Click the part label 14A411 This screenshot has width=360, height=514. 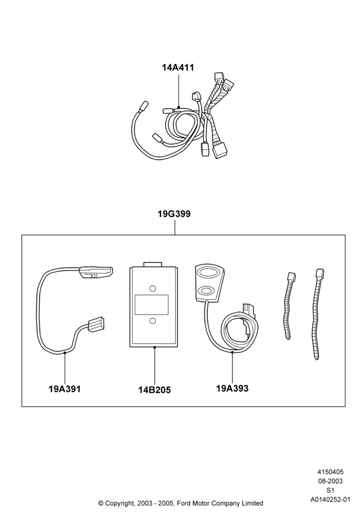point(178,67)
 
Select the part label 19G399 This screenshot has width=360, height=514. point(174,214)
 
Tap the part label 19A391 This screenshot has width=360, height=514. point(65,389)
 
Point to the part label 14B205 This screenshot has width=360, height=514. point(154,390)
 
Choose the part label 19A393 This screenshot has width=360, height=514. point(232,389)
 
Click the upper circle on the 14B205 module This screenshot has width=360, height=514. point(152,288)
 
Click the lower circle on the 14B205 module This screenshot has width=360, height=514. point(152,321)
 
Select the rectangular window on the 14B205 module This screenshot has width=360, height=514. point(152,304)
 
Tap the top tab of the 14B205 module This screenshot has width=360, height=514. point(152,265)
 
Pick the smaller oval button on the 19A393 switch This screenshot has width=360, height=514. point(207,290)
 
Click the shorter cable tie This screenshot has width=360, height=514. point(289,305)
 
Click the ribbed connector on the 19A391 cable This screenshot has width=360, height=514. point(96,324)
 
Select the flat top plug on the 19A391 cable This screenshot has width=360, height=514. point(96,272)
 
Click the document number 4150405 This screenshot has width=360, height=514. point(330,472)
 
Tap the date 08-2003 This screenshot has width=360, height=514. point(330,481)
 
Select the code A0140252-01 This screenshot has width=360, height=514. point(330,500)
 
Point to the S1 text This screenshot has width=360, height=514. point(330,491)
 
